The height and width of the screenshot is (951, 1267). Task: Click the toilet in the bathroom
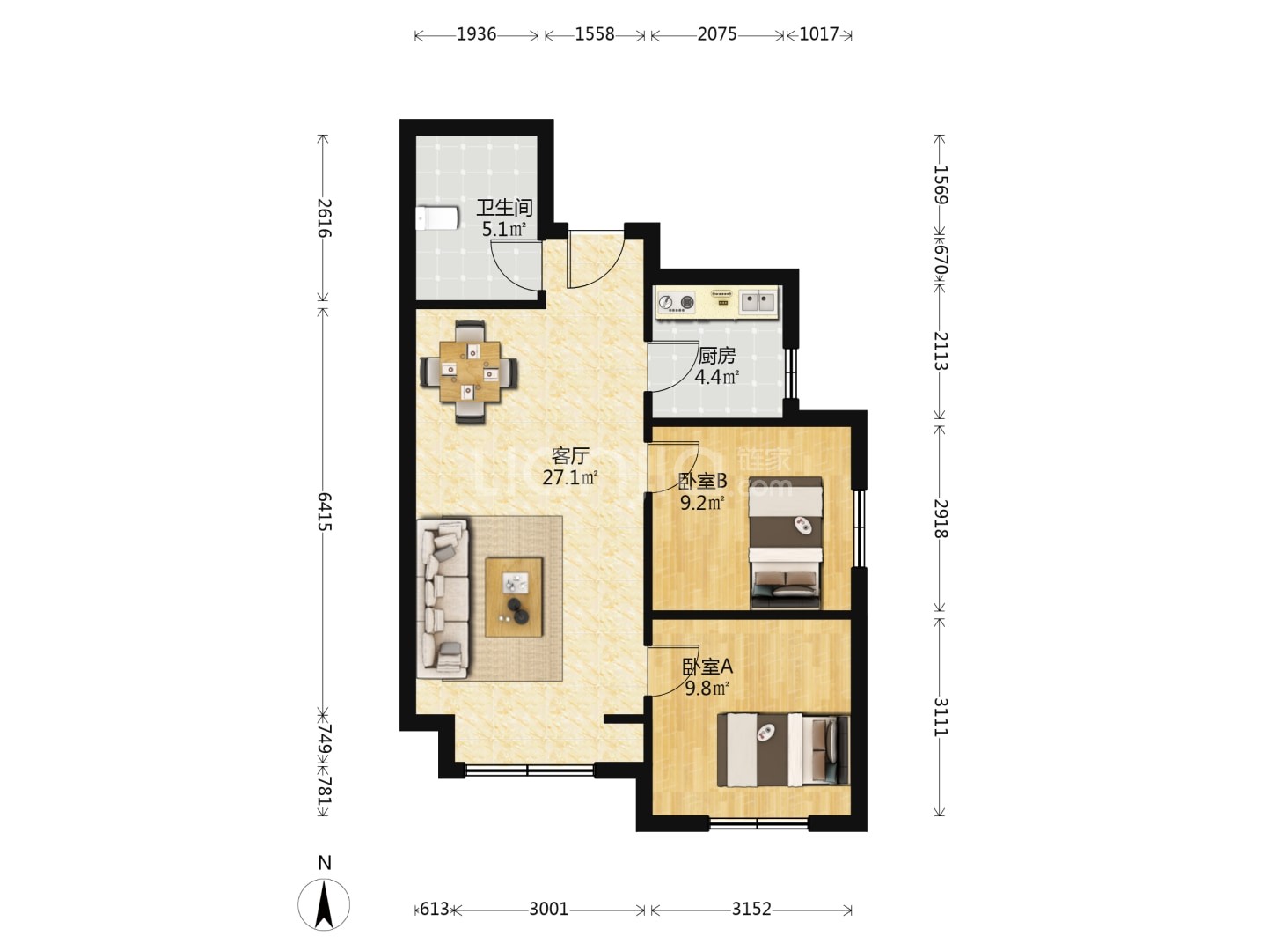[437, 218]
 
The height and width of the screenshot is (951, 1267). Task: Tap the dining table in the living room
[469, 372]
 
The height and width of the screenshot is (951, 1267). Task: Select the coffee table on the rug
[514, 597]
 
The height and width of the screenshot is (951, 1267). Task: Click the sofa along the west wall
[443, 598]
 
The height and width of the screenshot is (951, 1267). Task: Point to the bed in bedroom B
[785, 542]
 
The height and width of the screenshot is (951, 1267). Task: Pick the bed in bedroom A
[783, 750]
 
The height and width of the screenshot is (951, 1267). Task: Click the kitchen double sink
[758, 301]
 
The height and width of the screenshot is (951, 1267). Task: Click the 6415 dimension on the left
[324, 511]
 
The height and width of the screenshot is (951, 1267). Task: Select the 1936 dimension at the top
[476, 34]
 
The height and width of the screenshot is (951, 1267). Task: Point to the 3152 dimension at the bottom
[751, 910]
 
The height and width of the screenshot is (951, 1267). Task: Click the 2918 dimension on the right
[941, 518]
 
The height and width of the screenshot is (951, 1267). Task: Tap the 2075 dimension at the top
[717, 34]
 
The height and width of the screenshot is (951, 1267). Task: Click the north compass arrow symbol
[324, 905]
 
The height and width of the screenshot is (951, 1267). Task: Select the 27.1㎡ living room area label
[570, 477]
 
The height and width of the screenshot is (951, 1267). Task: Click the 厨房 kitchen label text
[717, 357]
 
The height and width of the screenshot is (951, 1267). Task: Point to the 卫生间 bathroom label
[504, 208]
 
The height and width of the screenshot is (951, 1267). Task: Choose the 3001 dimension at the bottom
[548, 910]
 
